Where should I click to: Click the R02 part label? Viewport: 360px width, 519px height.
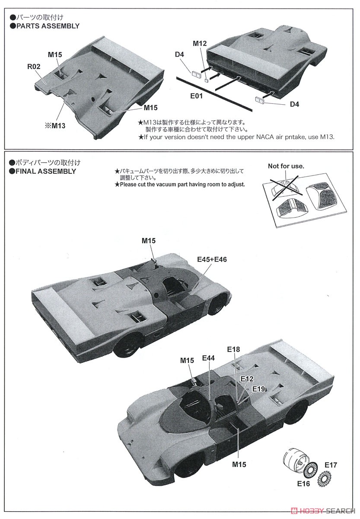[35, 67]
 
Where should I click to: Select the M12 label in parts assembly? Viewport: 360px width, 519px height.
[200, 43]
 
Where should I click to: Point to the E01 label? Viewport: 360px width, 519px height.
[196, 96]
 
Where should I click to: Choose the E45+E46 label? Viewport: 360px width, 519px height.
[212, 259]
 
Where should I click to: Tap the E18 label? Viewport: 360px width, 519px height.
[233, 349]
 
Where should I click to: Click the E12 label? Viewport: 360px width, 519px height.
[247, 379]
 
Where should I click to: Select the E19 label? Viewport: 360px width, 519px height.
[258, 388]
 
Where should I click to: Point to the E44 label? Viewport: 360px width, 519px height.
[208, 358]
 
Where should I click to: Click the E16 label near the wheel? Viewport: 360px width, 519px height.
[303, 484]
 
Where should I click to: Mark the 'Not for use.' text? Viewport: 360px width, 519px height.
[286, 166]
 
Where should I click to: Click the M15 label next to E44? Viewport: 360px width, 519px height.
[187, 360]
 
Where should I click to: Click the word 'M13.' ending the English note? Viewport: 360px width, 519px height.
[326, 137]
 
